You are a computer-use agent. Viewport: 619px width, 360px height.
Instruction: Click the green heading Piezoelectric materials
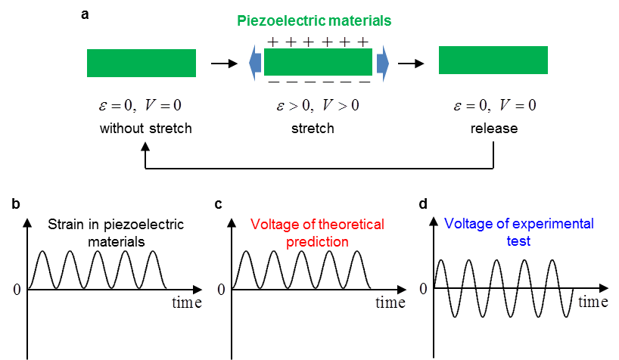click(314, 20)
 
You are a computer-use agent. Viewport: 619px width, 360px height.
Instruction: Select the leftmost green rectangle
click(142, 63)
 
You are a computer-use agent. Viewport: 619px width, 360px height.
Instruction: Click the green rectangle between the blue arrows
click(318, 62)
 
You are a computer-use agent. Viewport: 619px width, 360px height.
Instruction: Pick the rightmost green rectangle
click(493, 60)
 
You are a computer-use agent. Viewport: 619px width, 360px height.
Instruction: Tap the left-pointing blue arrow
click(255, 62)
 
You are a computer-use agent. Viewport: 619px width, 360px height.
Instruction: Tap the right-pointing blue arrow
click(382, 62)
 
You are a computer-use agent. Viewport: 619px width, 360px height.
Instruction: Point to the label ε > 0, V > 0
click(318, 105)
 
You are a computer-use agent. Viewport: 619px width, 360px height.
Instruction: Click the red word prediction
click(318, 242)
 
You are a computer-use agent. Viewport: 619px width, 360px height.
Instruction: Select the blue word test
click(519, 241)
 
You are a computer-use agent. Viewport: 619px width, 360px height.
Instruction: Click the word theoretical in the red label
click(348, 225)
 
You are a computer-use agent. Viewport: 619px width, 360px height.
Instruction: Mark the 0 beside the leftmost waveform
click(17, 289)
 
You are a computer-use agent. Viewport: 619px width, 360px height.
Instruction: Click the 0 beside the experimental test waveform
click(423, 288)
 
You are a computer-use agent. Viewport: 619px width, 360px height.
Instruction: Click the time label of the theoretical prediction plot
click(390, 303)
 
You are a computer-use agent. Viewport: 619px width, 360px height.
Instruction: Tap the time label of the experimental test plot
click(594, 303)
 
